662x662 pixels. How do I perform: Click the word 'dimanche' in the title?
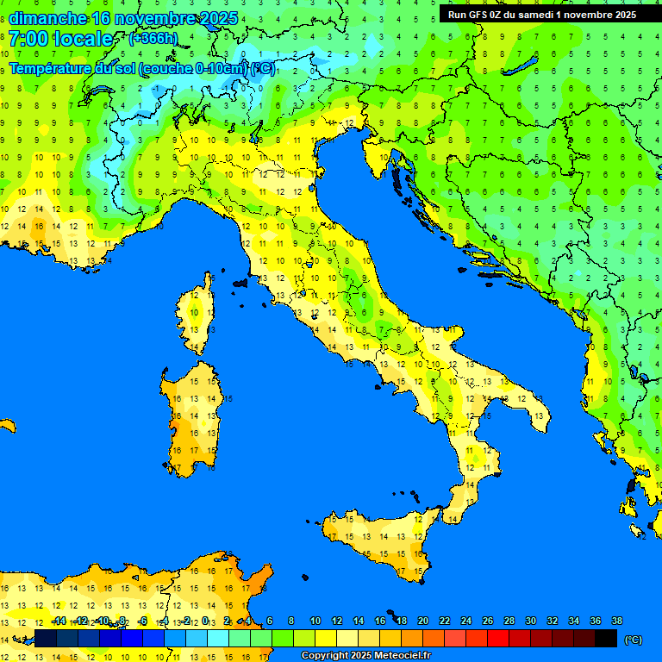pyautogui.click(x=48, y=18)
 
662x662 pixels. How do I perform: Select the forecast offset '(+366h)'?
pyautogui.click(x=153, y=39)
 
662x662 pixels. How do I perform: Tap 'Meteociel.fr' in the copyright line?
pyautogui.click(x=397, y=656)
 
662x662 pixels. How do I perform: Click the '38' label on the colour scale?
pyautogui.click(x=616, y=621)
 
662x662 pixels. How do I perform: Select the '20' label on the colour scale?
pyautogui.click(x=422, y=621)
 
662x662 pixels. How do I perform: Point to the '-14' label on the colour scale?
pyautogui.click(x=59, y=621)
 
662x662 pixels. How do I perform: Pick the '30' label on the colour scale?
pyautogui.click(x=530, y=621)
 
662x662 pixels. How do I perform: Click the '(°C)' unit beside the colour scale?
pyautogui.click(x=634, y=640)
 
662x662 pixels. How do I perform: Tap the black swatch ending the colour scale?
pyautogui.click(x=606, y=638)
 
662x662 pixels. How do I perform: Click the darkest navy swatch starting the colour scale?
pyautogui.click(x=46, y=638)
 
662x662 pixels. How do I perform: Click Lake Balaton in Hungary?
pyautogui.click(x=524, y=66)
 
